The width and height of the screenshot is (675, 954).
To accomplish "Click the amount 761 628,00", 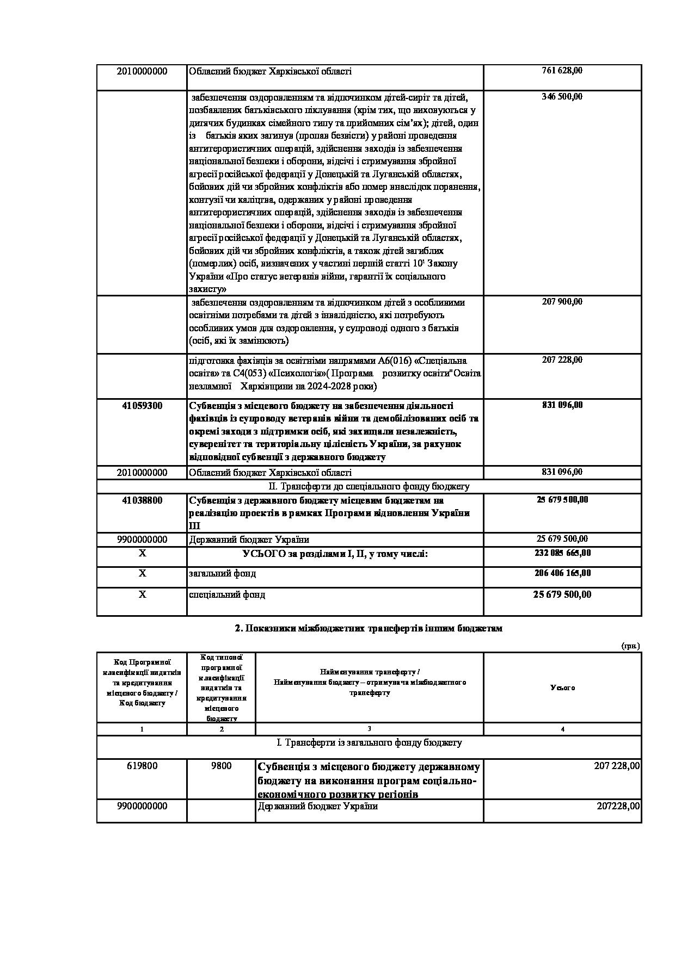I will [x=562, y=71].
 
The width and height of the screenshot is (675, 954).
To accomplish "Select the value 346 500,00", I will [x=562, y=97].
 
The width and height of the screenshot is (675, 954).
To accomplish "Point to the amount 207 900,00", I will [x=562, y=301].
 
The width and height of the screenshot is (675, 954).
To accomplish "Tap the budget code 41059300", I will [x=142, y=406].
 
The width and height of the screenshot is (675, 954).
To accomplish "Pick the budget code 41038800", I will [x=142, y=500].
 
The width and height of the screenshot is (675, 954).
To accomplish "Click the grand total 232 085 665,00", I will [x=562, y=553].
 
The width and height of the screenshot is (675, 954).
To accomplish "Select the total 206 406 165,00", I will [x=562, y=573].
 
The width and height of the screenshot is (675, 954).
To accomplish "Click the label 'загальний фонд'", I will [x=222, y=574].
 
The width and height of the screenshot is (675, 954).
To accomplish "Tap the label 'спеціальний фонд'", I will [x=227, y=595].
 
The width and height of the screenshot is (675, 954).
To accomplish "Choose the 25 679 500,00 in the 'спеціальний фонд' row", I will [x=562, y=594].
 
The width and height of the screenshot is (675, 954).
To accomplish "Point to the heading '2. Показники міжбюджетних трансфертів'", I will [x=369, y=628].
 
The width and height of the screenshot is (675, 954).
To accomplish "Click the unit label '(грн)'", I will [x=630, y=646].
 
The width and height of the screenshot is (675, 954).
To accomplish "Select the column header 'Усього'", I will [x=562, y=688].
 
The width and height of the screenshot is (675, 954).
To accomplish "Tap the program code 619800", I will [x=142, y=766].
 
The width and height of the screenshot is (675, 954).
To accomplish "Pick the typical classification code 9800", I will [x=221, y=766].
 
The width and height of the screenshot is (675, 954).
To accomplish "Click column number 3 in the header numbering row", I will [x=369, y=729].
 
